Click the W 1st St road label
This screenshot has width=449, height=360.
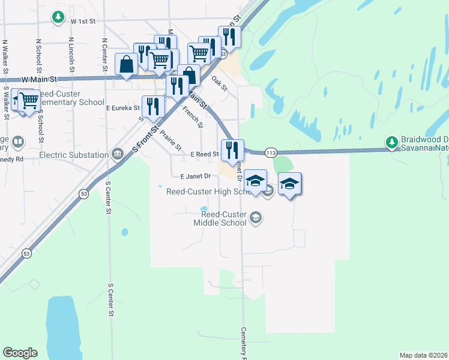(x=83, y=21)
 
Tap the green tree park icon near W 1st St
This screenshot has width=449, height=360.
(x=58, y=17)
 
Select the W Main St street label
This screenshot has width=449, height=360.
(x=38, y=79)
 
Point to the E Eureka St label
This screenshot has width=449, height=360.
(x=122, y=109)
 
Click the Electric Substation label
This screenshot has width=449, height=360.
(x=74, y=155)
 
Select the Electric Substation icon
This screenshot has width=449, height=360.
(x=117, y=155)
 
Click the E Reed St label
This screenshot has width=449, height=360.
(x=204, y=155)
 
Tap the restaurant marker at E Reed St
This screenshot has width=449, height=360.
(x=232, y=149)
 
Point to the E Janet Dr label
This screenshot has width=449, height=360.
(x=196, y=176)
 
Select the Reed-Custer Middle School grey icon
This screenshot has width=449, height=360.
(x=256, y=217)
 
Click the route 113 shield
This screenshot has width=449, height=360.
(x=271, y=153)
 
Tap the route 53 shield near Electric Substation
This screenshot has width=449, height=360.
(x=83, y=193)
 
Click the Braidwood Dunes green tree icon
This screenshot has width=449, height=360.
(x=392, y=142)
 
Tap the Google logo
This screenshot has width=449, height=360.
(x=20, y=353)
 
